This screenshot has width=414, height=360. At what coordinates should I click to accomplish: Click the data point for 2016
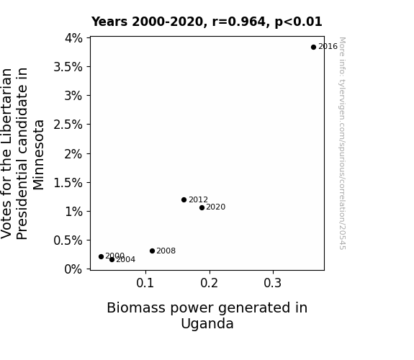[x=313, y=48]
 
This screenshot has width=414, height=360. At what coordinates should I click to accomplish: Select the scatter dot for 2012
[x=184, y=199]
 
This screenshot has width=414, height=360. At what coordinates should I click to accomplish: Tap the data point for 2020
[x=202, y=207]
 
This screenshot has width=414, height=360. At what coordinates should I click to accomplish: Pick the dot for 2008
[x=152, y=251]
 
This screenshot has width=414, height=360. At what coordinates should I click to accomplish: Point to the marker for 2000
[x=101, y=256]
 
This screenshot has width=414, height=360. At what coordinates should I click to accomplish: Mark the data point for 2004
[x=112, y=260]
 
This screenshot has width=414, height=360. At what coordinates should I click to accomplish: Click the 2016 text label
[x=328, y=47]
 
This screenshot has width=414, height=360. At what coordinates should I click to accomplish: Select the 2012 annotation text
[x=198, y=199]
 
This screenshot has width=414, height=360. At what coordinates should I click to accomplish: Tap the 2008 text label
[x=166, y=251]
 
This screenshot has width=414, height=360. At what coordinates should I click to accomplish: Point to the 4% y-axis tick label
[x=73, y=38]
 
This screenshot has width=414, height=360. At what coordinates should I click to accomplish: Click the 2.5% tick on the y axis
[x=68, y=125]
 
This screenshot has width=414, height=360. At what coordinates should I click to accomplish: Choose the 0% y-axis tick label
[x=73, y=269]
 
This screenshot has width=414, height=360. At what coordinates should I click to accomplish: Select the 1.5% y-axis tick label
[x=68, y=183]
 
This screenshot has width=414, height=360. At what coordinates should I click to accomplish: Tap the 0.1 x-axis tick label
[x=145, y=283]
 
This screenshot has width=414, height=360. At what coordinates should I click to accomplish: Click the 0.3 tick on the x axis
[x=273, y=283]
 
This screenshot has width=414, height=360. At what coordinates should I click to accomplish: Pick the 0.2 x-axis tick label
[x=209, y=283]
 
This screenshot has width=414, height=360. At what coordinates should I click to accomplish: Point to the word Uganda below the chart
[x=207, y=324]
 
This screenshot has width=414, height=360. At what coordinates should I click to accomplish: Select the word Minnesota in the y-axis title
[x=39, y=155]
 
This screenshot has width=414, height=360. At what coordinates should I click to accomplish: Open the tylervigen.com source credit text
[x=342, y=143]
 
